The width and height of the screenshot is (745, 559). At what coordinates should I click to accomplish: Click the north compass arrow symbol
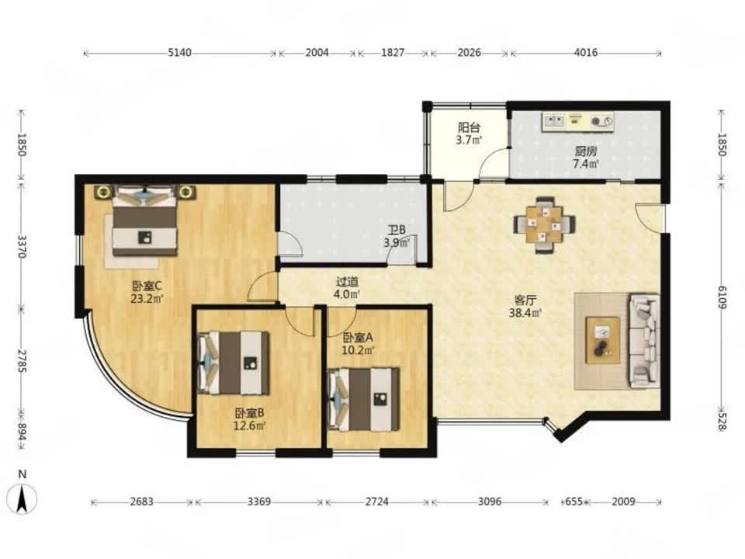pos(23,499)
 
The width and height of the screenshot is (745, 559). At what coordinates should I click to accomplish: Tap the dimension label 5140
pos(179,52)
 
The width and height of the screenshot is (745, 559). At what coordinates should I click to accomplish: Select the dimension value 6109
pos(722,297)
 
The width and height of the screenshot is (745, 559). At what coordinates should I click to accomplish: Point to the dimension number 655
pos(574,502)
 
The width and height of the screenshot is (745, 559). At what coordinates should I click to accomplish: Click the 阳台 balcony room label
pos(469,128)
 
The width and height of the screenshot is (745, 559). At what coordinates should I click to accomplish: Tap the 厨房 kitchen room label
pos(585,151)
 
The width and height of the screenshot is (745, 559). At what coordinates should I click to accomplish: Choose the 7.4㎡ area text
pos(585,164)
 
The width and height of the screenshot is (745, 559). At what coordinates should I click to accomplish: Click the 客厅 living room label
pos(525,300)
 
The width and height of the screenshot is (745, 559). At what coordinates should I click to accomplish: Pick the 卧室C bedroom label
pos(147,286)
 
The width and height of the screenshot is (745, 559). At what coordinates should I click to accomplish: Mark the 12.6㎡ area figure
pos(249,425)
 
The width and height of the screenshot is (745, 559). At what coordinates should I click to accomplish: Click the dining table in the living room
pos(544,224)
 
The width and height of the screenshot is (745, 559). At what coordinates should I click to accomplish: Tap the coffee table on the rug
pos(603,340)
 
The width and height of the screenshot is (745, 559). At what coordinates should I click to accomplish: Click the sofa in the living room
pos(645,340)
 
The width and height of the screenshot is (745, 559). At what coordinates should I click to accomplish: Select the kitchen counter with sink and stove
pos(577,121)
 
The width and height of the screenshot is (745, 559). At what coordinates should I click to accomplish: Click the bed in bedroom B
pos(234,363)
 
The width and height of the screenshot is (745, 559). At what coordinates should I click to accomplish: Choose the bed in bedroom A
pos(364,399)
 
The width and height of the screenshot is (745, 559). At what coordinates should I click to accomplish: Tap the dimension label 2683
pos(141,502)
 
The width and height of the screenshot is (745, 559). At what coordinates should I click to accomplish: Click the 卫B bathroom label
pos(397,231)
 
